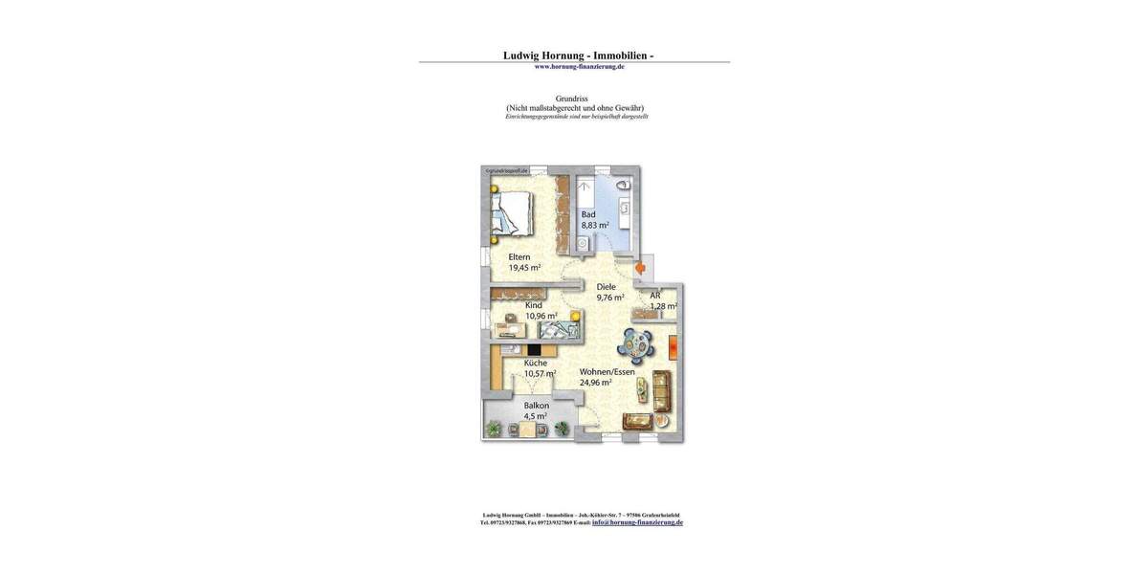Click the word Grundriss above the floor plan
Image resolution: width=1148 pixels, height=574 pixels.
point(571,99)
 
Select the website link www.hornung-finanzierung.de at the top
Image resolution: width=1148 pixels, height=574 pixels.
point(579,67)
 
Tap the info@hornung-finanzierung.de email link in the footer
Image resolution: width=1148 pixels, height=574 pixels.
point(637,522)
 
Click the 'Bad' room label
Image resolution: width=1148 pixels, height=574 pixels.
point(588,214)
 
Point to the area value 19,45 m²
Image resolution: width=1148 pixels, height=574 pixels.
point(524,268)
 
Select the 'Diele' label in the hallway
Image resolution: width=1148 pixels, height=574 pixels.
point(606,286)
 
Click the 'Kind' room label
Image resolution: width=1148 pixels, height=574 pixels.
point(533,305)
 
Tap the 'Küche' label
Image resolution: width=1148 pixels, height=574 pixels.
point(536,363)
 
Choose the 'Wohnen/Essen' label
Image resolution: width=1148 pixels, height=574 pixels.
point(607,371)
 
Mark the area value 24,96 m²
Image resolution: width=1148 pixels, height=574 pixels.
point(595,383)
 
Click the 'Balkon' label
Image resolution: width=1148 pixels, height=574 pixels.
point(536,406)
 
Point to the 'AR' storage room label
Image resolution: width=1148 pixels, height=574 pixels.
point(655,296)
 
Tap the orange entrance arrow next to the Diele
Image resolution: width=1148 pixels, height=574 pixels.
point(640,269)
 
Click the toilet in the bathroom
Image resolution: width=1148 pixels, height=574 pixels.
point(623,185)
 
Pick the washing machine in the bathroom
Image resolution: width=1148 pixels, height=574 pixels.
point(583,244)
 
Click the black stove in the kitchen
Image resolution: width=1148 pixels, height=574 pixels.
point(533,350)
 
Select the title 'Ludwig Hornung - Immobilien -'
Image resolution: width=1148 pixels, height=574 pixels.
point(578,55)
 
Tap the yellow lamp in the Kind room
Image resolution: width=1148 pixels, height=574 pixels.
point(575,316)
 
